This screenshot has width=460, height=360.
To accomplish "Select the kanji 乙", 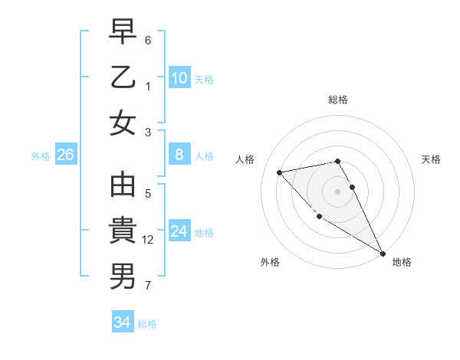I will [123, 77].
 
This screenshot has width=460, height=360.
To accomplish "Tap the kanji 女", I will [123, 123].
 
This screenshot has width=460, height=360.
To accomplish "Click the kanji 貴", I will [123, 231].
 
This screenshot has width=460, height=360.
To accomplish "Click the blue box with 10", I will [179, 77].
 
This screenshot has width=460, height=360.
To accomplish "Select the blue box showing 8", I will [179, 155].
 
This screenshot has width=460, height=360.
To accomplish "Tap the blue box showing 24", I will [179, 231].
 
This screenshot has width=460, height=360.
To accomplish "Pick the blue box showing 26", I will [65, 155].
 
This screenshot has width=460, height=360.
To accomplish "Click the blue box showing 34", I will [122, 322].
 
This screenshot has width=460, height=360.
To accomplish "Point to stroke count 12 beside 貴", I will [149, 240].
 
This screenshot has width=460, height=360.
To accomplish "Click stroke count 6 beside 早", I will [148, 40].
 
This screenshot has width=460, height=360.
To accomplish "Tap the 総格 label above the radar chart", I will [338, 100].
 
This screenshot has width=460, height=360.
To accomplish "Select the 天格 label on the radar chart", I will [431, 159].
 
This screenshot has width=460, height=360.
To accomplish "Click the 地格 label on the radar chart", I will [402, 262].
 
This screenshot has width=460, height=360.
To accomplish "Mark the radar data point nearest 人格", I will [280, 172].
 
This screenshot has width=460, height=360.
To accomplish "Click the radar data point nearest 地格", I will [383, 254].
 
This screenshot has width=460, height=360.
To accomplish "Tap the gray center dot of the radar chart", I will [338, 191].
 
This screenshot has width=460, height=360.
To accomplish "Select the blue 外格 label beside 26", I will [40, 155].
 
